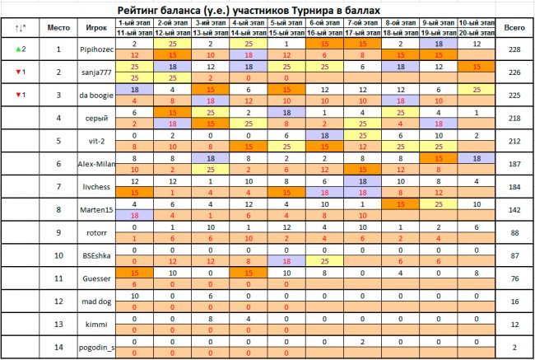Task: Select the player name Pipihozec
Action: pos(95,49)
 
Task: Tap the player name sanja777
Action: pos(95,72)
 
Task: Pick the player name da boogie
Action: pos(95,96)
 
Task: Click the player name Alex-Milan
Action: pos(95,165)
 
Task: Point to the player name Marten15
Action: pos(95,210)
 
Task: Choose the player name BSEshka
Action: pos(95,256)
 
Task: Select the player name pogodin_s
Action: pos(95,348)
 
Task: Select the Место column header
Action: pos(58,27)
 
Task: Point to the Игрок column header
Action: pos(95,27)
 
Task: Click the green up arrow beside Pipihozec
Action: pos(17,49)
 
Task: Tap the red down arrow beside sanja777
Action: pos(17,72)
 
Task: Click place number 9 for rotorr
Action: pos(58,233)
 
